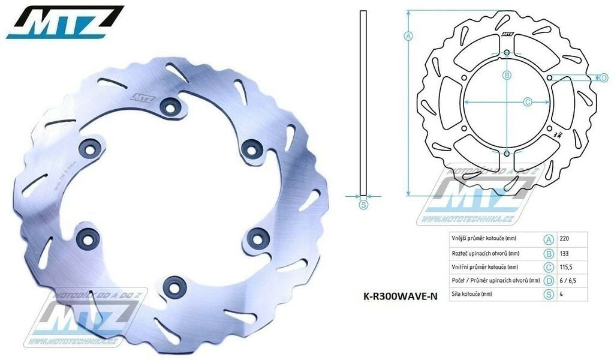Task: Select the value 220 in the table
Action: pyautogui.click(x=564, y=239)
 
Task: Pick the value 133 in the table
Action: pyautogui.click(x=564, y=253)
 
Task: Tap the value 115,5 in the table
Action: pyautogui.click(x=566, y=266)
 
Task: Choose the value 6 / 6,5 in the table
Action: pyautogui.click(x=567, y=280)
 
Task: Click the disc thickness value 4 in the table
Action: pyautogui.click(x=561, y=294)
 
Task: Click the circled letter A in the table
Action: pyautogui.click(x=548, y=239)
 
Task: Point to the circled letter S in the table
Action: pyautogui.click(x=548, y=294)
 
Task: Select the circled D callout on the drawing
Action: pyautogui.click(x=604, y=77)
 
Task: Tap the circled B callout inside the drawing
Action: pyautogui.click(x=507, y=76)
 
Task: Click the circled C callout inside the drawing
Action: pyautogui.click(x=528, y=103)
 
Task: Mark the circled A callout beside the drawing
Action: pyautogui.click(x=408, y=36)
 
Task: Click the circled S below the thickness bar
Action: pyautogui.click(x=363, y=205)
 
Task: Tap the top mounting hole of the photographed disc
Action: pyautogui.click(x=171, y=107)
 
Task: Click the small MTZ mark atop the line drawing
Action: pyautogui.click(x=507, y=34)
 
